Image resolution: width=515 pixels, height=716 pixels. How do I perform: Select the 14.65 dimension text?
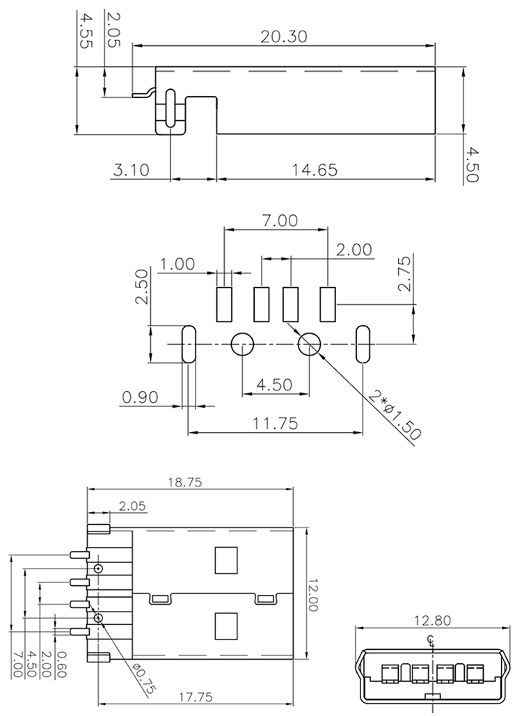[315, 169]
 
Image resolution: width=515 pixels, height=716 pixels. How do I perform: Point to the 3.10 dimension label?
[131, 169]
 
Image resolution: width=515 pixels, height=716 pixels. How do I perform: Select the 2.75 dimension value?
[407, 275]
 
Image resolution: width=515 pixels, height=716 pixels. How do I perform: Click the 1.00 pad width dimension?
[177, 264]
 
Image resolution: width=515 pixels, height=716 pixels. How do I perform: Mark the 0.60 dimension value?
[61, 665]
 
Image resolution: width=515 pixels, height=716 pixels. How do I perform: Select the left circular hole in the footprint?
[241, 344]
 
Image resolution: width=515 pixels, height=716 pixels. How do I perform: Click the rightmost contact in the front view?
[475, 673]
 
